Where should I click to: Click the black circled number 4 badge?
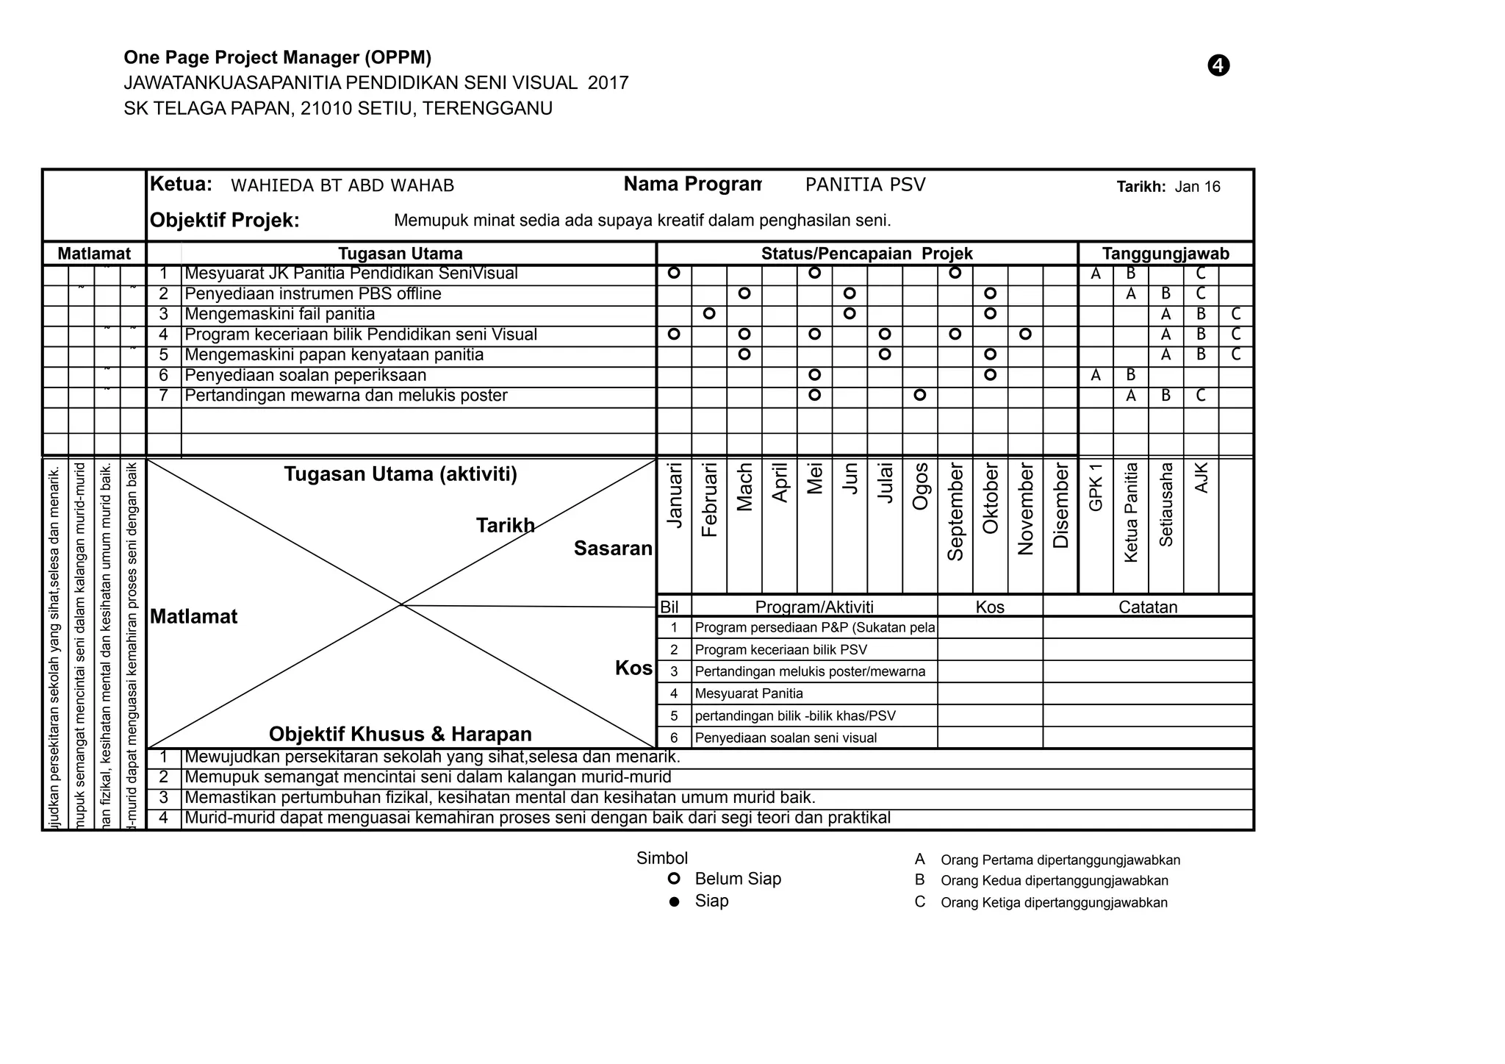[1218, 65]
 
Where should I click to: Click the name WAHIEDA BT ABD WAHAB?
[342, 185]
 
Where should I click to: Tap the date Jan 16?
[1197, 187]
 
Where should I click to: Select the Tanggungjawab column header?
[1165, 254]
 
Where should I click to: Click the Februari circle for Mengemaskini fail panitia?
[709, 314]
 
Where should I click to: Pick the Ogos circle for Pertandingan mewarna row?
[920, 396]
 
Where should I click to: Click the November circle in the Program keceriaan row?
[1026, 335]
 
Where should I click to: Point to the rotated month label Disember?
[1060, 506]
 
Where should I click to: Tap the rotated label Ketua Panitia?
[1131, 513]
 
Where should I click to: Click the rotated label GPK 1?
[1096, 488]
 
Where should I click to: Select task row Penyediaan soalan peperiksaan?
[305, 376]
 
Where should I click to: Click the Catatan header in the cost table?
[1148, 607]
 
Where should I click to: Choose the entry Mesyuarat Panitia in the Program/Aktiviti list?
[749, 693]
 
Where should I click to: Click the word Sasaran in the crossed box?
[613, 549]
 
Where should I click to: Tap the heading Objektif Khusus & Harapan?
[401, 734]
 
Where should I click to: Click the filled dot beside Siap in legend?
[674, 901]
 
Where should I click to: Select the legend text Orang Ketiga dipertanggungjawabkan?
[1054, 903]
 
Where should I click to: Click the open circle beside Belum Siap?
[674, 879]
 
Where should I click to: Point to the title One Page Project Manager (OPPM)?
[277, 57]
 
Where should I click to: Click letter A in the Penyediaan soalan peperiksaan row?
[1096, 376]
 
